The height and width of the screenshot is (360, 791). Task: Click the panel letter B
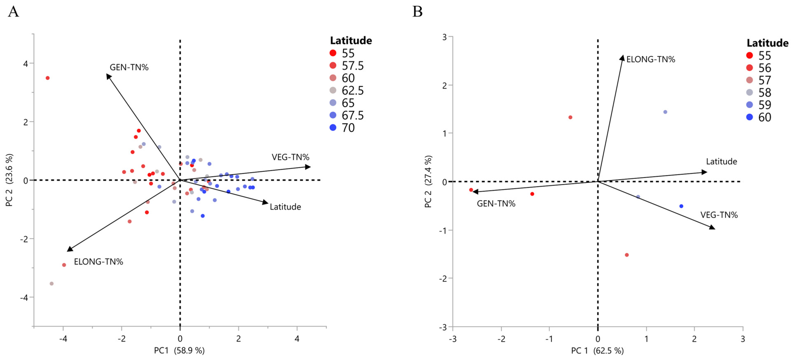[x=417, y=12]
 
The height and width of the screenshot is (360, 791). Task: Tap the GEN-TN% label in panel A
[x=129, y=67]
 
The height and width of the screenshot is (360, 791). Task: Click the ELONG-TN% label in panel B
[x=650, y=59]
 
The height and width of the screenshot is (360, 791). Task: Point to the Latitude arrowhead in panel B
[x=704, y=172]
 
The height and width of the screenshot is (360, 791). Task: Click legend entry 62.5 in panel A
[x=352, y=91]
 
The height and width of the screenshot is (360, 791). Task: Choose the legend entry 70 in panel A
[x=348, y=128]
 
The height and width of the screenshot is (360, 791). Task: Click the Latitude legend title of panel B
[x=767, y=43]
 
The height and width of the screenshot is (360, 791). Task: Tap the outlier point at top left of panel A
[x=48, y=78]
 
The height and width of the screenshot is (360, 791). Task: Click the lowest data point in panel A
[x=52, y=284]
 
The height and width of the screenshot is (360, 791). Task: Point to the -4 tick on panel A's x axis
[x=63, y=339]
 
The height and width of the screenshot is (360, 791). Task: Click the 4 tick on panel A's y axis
[x=26, y=64]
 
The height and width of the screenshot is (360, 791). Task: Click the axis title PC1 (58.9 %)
[x=179, y=351]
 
